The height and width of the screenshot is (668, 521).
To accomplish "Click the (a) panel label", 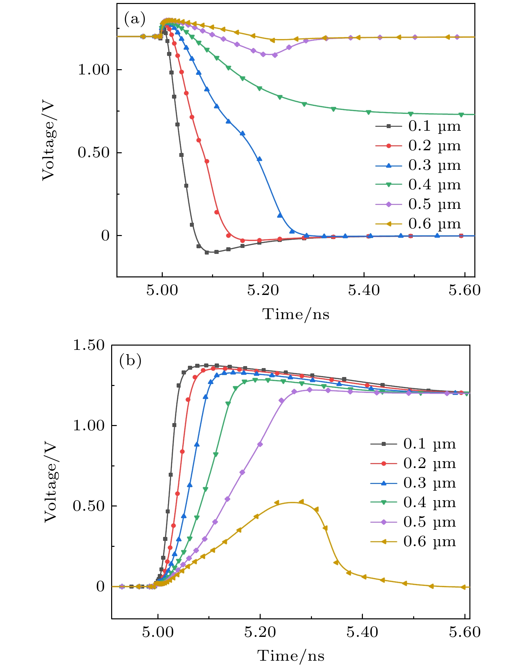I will [135, 20].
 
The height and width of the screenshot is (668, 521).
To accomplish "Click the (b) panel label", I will [130, 360].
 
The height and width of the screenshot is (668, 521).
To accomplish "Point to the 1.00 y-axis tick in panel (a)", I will [93, 70].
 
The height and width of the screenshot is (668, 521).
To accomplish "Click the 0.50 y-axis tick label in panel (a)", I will [93, 153].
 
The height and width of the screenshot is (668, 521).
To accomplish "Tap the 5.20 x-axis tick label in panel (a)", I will [263, 290].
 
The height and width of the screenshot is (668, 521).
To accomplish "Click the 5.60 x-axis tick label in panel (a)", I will [464, 290].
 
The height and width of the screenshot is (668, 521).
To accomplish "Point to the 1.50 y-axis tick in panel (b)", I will [88, 345].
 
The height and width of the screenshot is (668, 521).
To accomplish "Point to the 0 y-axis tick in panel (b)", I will [100, 587].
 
